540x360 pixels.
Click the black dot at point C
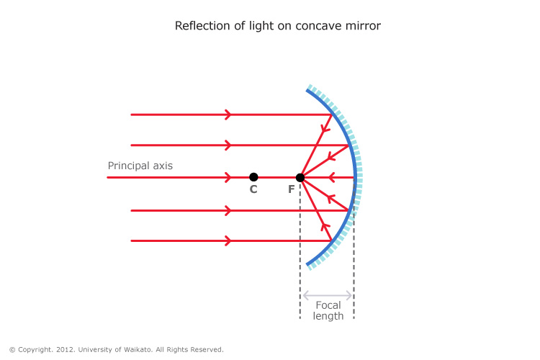coord(253,177)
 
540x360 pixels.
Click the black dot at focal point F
coord(300,177)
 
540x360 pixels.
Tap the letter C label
coord(253,190)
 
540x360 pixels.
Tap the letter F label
coord(291,190)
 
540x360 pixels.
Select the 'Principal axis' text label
coord(140,166)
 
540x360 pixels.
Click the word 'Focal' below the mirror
coord(328,305)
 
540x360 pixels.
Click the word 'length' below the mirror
coord(328,316)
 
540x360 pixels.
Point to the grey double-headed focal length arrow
coord(328,294)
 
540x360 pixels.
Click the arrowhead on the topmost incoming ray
coord(228,114)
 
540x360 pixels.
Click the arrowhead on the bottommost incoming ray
coord(228,240)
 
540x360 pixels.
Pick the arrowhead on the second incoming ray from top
coord(228,145)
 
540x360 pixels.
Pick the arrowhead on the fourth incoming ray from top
coord(228,211)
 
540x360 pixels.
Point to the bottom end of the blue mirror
coord(308,265)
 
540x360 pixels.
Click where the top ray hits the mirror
coord(333,114)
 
